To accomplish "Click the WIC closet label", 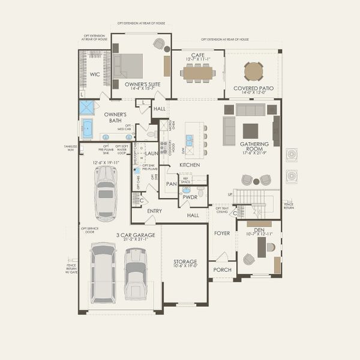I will [95, 75].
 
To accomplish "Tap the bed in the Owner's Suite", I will [128, 66].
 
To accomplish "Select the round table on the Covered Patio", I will [254, 71].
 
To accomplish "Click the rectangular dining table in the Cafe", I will [198, 73].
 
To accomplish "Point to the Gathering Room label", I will [254, 144].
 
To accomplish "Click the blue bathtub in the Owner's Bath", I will [87, 128].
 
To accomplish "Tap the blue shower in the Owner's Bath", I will [87, 108].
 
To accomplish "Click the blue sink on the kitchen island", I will [189, 140].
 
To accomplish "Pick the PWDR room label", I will [190, 197].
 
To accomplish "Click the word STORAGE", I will [185, 262].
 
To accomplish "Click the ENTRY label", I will [154, 211].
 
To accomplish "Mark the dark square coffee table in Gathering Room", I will [250, 131].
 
